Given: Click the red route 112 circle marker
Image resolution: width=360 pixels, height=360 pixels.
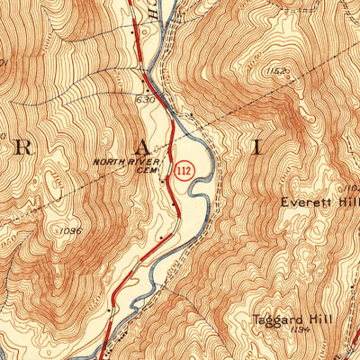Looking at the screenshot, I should (184, 170).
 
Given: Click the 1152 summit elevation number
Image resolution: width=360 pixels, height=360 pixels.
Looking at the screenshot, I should (275, 70).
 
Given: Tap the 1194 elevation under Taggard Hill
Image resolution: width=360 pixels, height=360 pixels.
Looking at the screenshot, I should (300, 330).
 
